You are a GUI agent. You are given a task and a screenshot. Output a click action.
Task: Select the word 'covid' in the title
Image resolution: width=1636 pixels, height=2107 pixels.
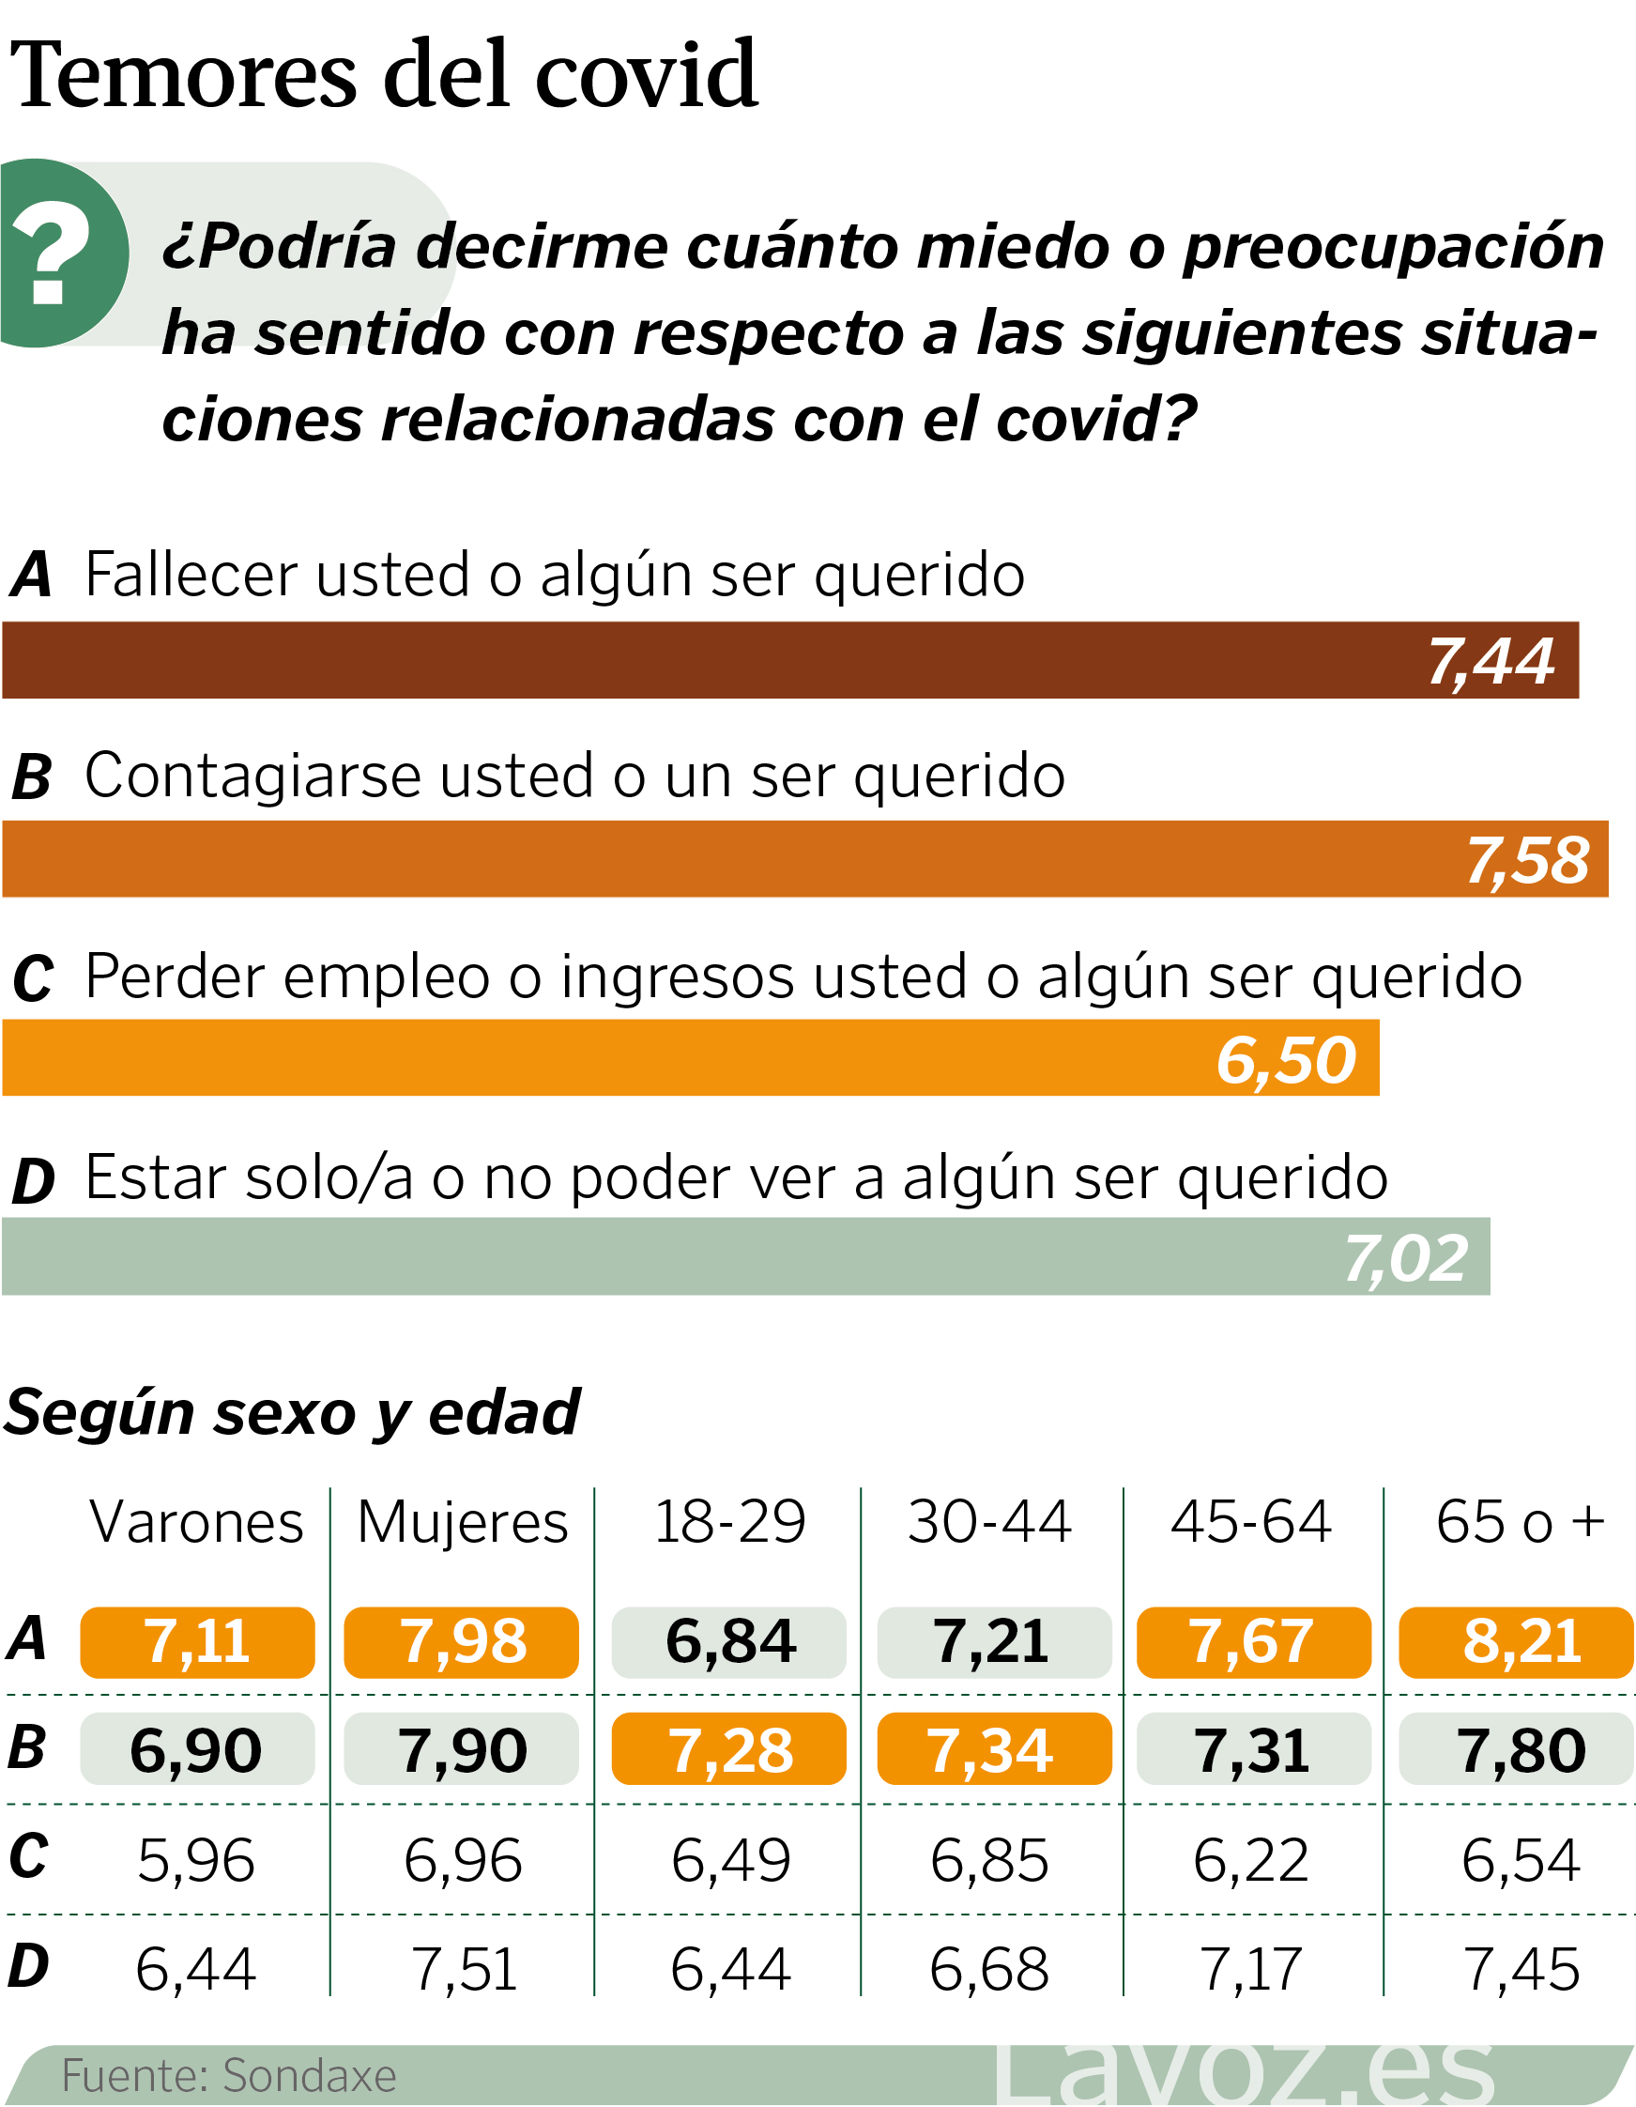(647, 75)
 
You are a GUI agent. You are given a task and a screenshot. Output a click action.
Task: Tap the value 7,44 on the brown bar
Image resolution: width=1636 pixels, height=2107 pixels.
(1491, 662)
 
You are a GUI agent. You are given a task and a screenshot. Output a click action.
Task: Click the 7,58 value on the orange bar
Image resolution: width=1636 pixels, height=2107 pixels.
(1527, 861)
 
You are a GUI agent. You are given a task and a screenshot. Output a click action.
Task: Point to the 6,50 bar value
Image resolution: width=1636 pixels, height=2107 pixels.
(1286, 1060)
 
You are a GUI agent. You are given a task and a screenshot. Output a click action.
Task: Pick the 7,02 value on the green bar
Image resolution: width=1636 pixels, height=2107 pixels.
(1406, 1259)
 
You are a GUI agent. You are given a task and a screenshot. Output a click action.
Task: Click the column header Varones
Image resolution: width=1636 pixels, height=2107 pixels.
(197, 1523)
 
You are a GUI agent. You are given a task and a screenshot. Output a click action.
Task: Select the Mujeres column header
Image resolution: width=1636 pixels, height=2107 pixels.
(462, 1523)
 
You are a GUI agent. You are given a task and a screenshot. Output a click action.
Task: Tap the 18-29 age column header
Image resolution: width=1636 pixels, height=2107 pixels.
(729, 1523)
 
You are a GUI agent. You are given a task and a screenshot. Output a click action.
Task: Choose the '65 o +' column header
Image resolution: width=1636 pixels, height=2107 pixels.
(1520, 1523)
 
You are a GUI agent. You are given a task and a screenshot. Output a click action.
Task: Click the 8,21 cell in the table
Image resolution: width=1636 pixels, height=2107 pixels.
(1521, 1641)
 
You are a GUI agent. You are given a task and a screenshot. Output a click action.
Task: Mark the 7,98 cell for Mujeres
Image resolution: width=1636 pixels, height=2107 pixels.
(463, 1641)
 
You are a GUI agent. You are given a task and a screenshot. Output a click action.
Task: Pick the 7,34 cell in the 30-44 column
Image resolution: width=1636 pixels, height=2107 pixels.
(989, 1750)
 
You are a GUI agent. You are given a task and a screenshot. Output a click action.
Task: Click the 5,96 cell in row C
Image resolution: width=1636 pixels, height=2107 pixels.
(197, 1860)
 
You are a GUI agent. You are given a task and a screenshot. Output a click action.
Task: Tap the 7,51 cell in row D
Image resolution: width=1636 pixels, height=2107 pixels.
(464, 1969)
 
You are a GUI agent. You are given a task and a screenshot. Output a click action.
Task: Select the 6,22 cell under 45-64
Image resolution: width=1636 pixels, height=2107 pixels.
(1251, 1860)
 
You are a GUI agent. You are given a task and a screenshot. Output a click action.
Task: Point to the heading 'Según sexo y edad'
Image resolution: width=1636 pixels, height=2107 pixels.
(291, 1412)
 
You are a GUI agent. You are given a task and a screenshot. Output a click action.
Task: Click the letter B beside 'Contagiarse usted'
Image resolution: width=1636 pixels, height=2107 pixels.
(31, 777)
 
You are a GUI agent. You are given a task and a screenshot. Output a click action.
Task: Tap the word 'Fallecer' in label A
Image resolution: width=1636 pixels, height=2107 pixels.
(190, 576)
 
